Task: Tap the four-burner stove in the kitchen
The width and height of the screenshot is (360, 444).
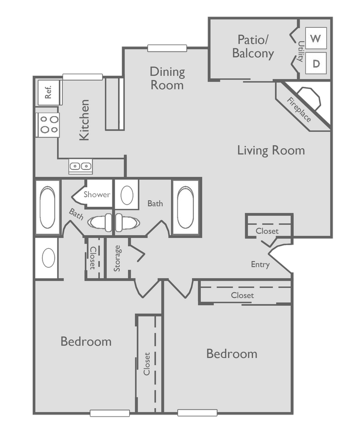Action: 48,125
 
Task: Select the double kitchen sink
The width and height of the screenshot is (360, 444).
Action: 80,167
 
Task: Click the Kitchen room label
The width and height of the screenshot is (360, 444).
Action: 84,120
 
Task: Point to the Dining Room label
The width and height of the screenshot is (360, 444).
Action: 167,78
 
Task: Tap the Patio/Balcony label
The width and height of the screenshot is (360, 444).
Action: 253,46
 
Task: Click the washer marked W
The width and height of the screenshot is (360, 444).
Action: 315,38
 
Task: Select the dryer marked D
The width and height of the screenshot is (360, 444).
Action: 315,64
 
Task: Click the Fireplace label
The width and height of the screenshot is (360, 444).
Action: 299,110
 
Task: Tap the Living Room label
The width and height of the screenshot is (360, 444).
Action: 271,150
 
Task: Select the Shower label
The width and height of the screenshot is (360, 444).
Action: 97,195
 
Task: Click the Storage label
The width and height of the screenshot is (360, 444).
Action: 118,258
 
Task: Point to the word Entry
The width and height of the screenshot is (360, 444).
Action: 260,265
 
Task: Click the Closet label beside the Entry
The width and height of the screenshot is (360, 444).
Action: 267,231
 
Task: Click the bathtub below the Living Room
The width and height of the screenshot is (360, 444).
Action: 186,206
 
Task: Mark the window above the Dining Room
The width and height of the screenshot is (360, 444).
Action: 167,48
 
